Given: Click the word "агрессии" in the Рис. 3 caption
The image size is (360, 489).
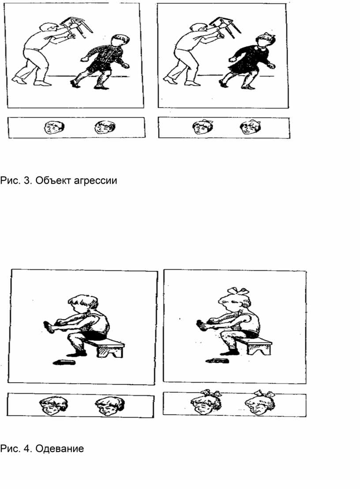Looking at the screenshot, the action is tap(95, 181).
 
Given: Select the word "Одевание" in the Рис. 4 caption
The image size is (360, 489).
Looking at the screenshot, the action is tap(60, 448).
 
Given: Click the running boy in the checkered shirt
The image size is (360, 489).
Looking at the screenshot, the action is tap(102, 62).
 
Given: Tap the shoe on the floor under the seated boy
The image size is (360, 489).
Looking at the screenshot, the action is tap(64, 362).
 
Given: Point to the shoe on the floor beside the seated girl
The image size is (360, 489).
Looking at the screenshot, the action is tap(217, 361).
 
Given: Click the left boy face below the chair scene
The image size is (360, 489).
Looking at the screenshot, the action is tap(55, 128).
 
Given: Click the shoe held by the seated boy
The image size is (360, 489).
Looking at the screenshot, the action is tap(50, 325).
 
